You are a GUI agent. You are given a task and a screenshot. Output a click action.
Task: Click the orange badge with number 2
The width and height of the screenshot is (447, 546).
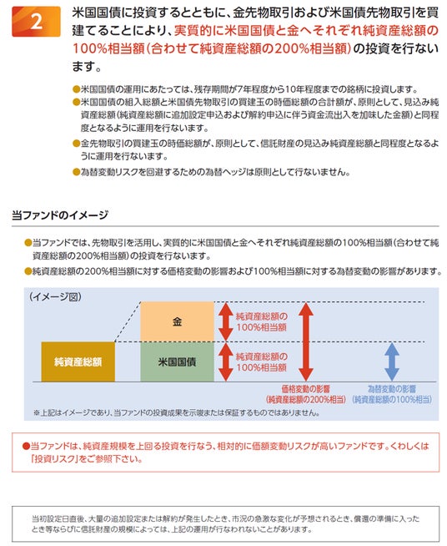click(36, 22)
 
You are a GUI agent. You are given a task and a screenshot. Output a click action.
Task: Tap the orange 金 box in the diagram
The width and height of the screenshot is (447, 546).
click(177, 321)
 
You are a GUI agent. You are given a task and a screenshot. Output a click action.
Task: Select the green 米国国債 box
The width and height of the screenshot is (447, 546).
click(177, 361)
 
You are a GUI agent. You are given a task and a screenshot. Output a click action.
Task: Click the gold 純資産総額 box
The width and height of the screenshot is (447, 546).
click(78, 361)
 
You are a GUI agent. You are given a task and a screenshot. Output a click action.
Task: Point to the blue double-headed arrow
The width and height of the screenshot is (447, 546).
click(392, 361)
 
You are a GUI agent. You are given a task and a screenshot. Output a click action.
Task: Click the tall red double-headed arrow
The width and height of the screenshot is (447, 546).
click(306, 341)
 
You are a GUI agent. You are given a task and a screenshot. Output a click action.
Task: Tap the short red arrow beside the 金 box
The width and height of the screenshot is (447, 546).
click(226, 321)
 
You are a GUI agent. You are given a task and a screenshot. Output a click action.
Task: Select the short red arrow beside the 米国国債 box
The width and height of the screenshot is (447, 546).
click(226, 361)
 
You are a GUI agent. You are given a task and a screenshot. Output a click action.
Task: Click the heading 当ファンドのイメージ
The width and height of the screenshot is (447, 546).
click(60, 215)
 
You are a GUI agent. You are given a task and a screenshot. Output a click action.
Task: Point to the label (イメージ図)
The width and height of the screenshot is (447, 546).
click(56, 296)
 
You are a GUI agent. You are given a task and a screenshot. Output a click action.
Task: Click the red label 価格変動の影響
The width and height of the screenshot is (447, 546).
click(306, 388)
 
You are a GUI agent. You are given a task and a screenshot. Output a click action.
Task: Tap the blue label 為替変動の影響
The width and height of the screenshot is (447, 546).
click(392, 388)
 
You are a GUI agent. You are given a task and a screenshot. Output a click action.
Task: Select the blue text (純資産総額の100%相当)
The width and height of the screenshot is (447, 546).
click(392, 399)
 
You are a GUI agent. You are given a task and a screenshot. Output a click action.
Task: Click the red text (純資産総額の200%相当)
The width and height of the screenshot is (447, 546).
click(306, 399)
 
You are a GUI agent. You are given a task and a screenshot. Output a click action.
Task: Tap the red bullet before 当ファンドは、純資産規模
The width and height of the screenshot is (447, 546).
click(26, 446)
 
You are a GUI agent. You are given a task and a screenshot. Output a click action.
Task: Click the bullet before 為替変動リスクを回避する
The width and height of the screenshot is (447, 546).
click(76, 172)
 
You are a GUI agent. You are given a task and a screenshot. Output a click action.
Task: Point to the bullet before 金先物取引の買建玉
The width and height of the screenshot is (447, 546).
click(76, 144)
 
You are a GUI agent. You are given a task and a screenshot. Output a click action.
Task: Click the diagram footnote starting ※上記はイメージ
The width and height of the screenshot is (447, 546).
click(176, 412)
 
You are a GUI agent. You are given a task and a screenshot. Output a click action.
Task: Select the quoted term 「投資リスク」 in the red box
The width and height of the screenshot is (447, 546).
click(53, 459)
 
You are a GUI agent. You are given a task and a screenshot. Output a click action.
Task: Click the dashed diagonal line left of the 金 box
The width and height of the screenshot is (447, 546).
click(128, 321)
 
